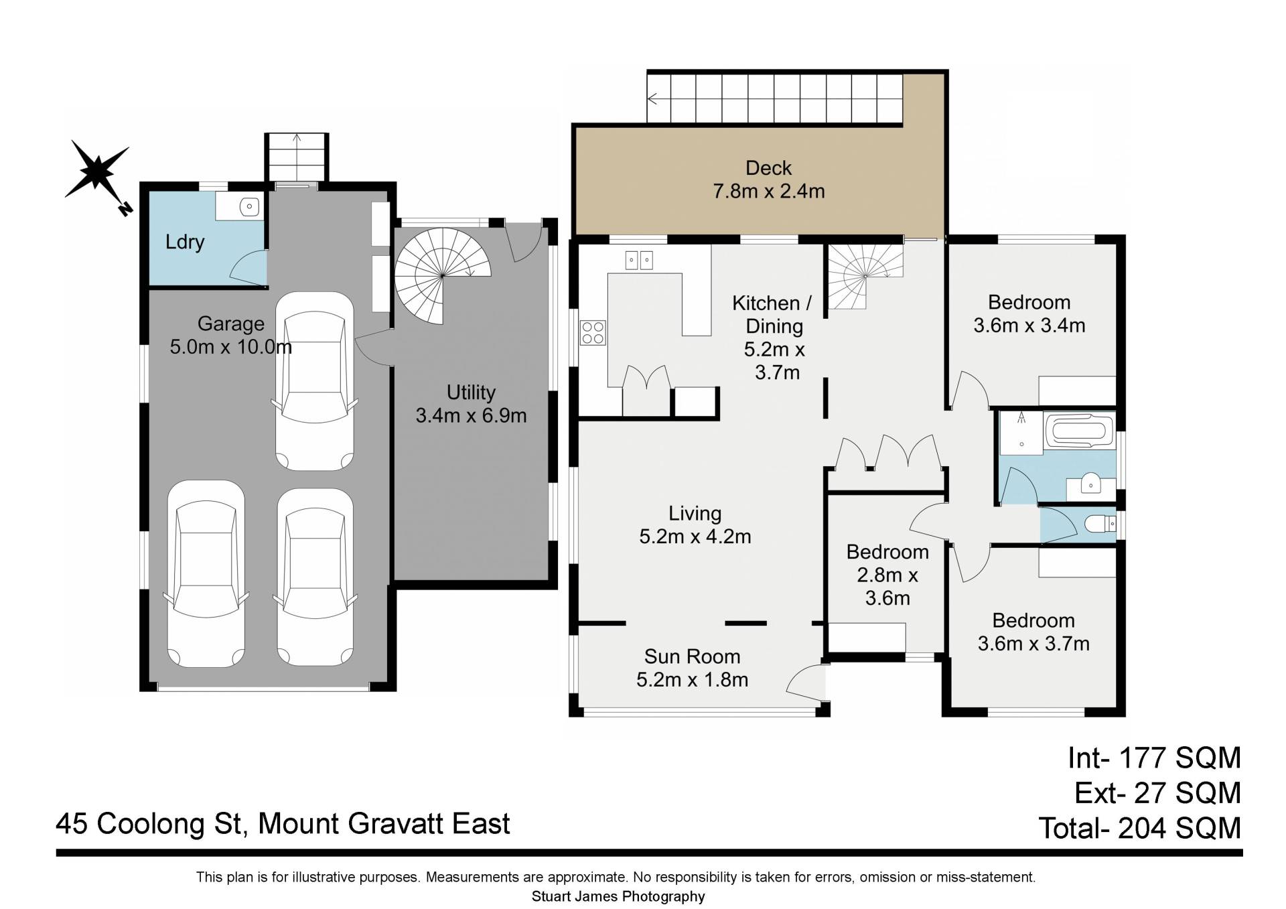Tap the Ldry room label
[x=185, y=242]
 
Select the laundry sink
[x=249, y=206]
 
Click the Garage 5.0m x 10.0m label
[x=231, y=335]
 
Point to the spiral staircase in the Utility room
[x=443, y=275]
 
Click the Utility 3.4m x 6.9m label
[x=471, y=404]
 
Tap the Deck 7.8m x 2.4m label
[x=769, y=180]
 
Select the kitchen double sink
[x=639, y=260]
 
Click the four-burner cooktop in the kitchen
[x=593, y=333]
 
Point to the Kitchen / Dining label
[x=773, y=315]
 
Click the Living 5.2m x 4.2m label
[x=695, y=525]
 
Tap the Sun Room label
[x=693, y=656]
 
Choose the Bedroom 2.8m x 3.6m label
[x=887, y=575]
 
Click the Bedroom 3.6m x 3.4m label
[x=1029, y=313]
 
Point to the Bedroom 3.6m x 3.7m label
[x=1033, y=632]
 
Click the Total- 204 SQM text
[x=1140, y=828]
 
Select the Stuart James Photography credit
[x=618, y=896]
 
